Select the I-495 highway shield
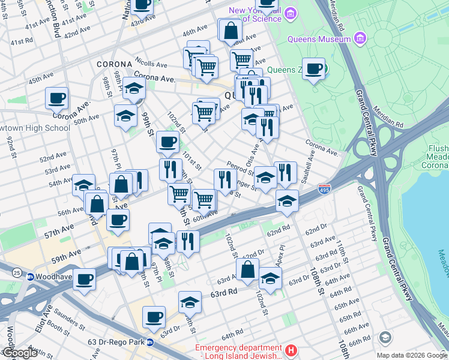[324, 188]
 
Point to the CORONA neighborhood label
[113, 64]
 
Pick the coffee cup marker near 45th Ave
[56, 97]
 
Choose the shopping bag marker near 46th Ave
[230, 31]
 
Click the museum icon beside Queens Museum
[361, 39]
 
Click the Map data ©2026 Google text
[412, 355]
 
